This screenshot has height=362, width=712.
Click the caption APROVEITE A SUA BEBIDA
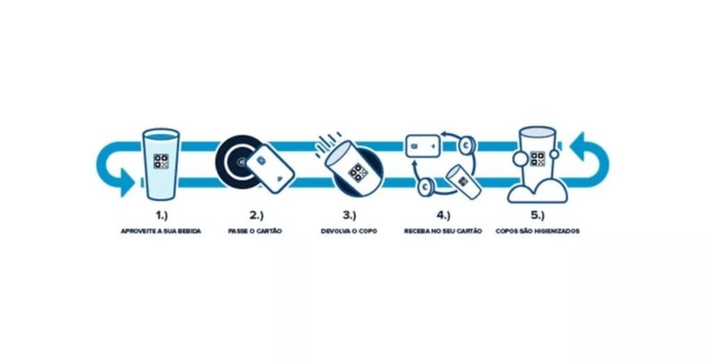[161, 231]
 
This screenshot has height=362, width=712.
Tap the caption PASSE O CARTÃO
[255, 231]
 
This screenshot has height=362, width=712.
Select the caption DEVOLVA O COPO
[349, 231]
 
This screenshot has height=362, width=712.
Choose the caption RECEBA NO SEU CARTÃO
[443, 231]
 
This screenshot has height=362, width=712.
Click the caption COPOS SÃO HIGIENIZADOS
[537, 231]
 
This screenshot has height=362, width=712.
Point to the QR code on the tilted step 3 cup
[358, 172]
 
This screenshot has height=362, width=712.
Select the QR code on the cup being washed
[537, 159]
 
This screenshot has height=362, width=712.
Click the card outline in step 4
[423, 146]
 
